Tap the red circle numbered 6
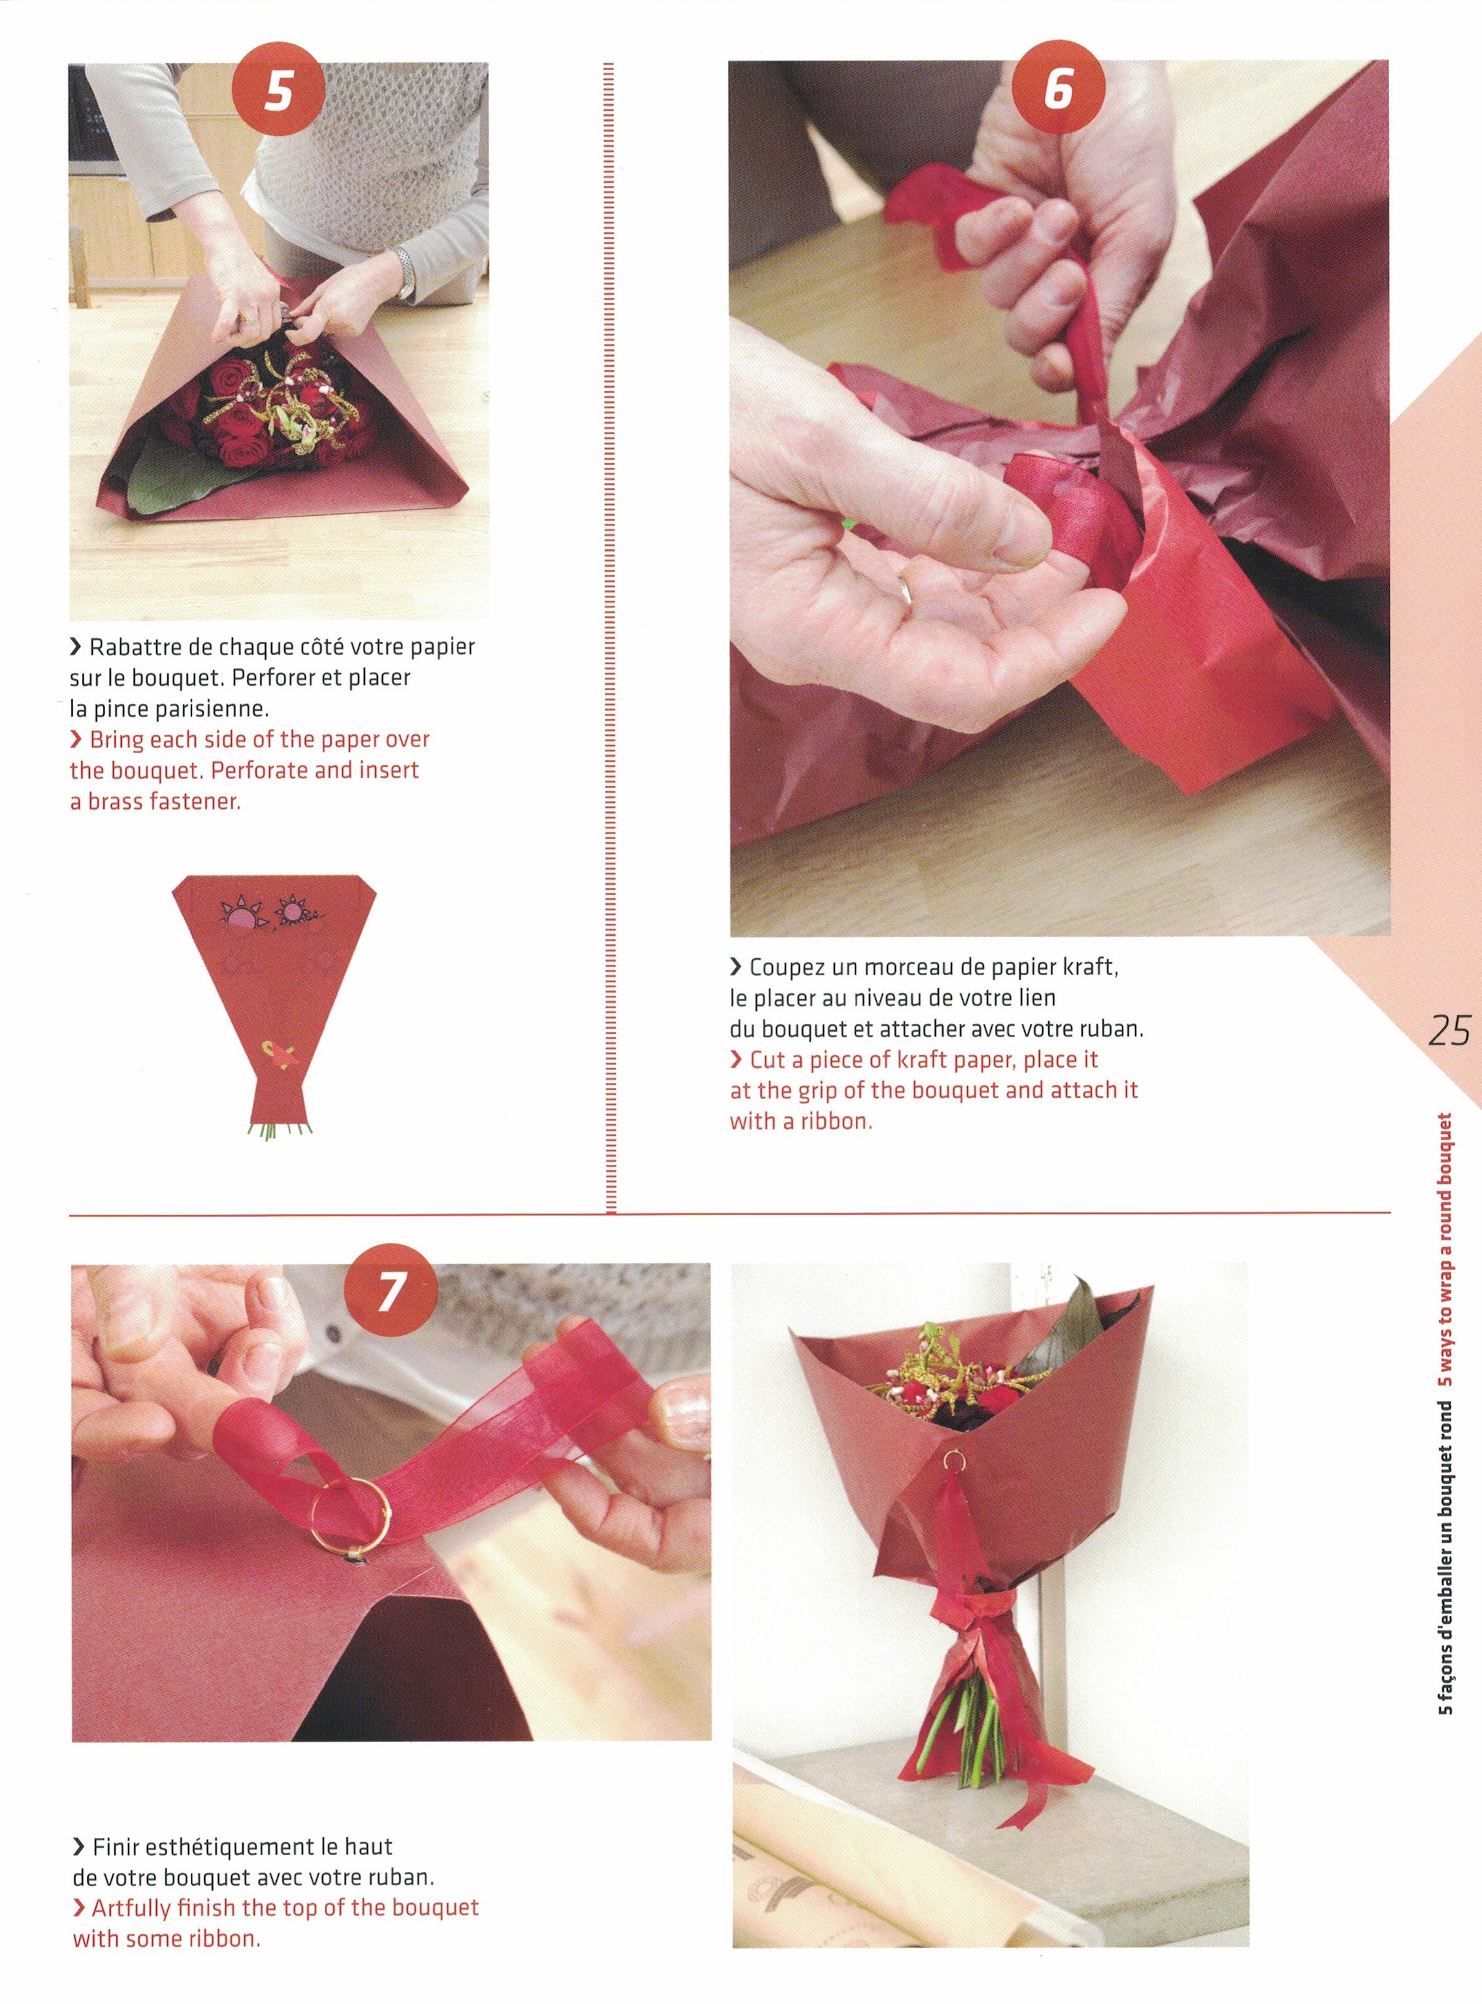1059,90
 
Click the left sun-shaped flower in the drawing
241,916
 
